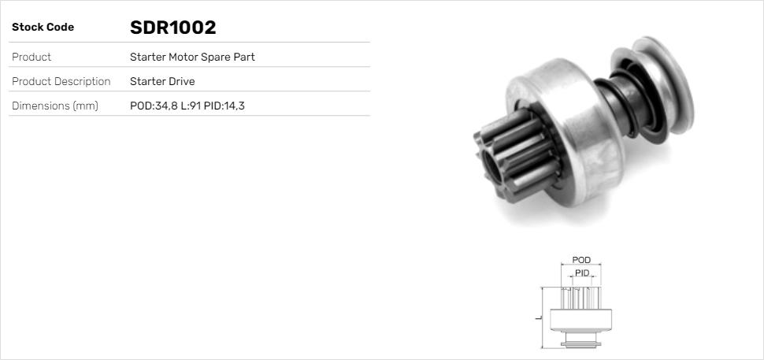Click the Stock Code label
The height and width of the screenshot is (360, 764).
[x=43, y=28]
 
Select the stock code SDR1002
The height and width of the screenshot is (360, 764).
[x=172, y=28]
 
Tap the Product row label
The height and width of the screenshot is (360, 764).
[x=32, y=57]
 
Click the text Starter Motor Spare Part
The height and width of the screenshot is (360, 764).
[x=192, y=57]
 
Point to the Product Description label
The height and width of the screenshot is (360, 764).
[x=61, y=81]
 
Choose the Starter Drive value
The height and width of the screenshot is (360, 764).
[x=162, y=81]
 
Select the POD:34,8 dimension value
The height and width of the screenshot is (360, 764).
[x=154, y=106]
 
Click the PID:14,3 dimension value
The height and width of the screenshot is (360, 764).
[x=224, y=106]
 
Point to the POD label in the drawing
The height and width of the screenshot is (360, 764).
[x=581, y=260]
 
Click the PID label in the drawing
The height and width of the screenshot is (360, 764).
[x=582, y=273]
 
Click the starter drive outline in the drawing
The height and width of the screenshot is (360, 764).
[x=581, y=315]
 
